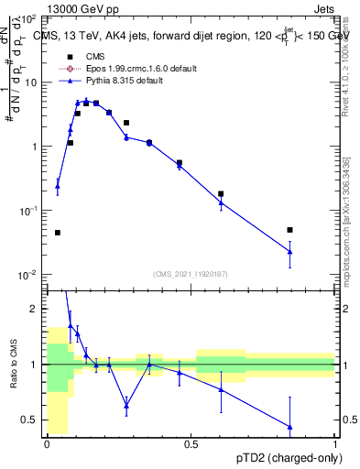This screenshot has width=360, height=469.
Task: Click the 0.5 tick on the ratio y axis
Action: click(33, 420)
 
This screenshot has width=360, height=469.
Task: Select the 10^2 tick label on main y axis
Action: click(30, 19)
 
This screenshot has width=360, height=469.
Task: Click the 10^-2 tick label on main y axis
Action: click(28, 275)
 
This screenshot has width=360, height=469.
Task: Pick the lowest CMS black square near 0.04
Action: click(58, 233)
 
